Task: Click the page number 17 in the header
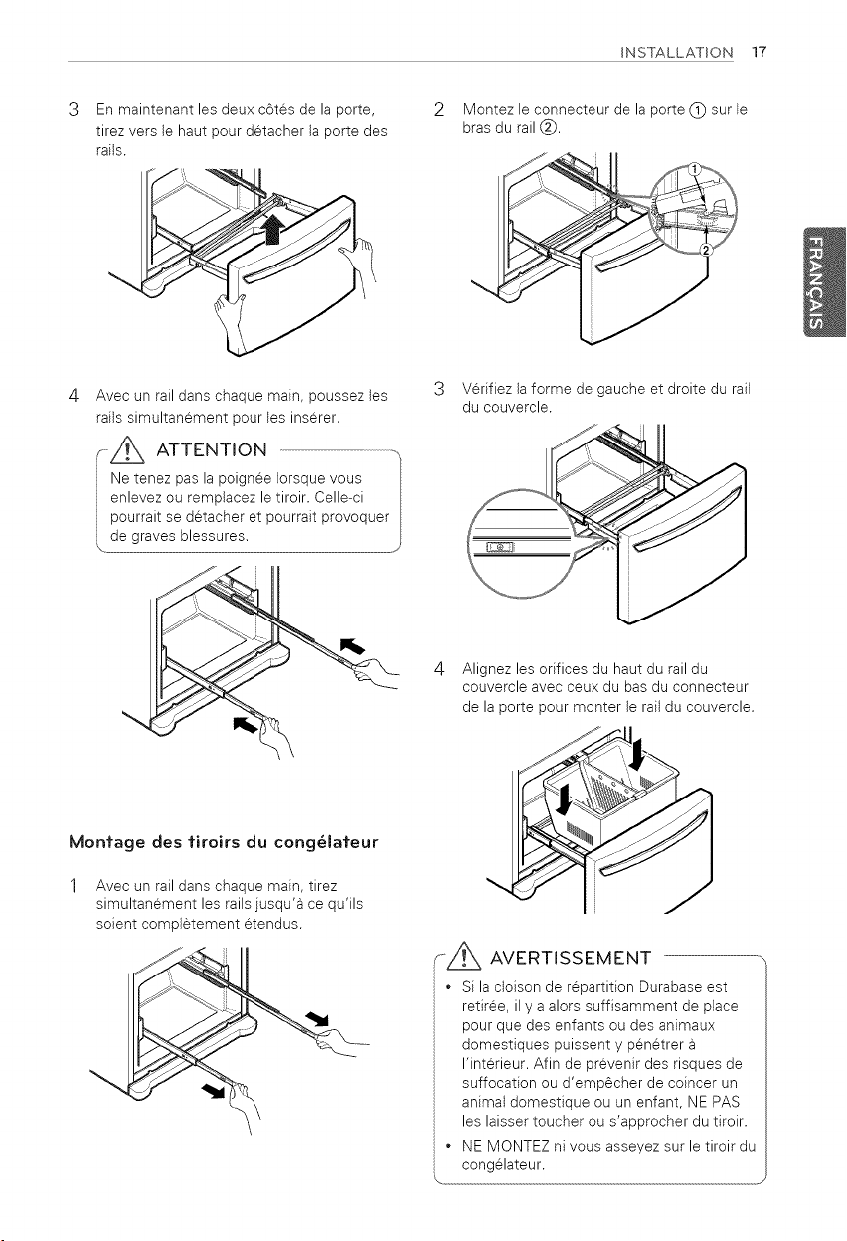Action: point(759,52)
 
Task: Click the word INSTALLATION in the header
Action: point(677,53)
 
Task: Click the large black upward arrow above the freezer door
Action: point(272,228)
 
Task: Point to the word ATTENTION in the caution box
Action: point(212,449)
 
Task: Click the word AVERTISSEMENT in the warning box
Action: point(571,958)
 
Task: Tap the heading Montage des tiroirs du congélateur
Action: point(224,842)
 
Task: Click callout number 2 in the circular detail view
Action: point(706,250)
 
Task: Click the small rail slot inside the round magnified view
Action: point(500,547)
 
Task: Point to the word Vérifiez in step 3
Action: point(486,389)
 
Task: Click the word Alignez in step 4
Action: point(487,669)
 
